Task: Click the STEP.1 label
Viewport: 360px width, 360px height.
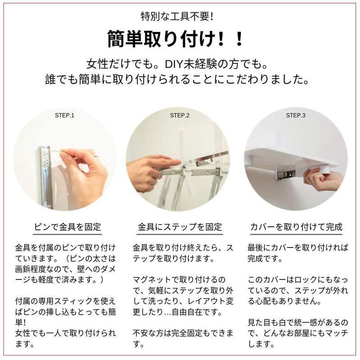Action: click(64, 115)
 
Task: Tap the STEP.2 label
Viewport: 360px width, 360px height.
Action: click(180, 115)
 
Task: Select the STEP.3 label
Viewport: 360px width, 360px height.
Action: click(296, 115)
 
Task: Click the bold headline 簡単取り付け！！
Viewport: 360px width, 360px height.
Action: click(175, 39)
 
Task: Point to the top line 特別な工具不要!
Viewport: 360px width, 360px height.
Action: click(177, 17)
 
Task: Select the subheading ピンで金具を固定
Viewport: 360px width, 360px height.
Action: click(67, 227)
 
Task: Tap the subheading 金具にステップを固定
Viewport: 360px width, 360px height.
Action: click(180, 227)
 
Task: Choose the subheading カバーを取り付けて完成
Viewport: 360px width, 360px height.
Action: click(296, 227)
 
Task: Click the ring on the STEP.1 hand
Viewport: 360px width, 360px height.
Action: click(96, 156)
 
